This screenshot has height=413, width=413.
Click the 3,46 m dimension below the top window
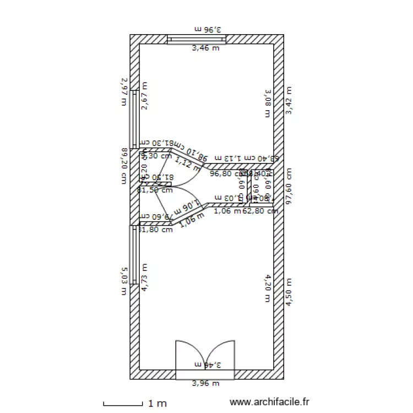coord(205,48)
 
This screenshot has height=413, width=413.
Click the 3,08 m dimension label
coord(268,103)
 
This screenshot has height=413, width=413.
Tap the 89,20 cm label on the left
coord(124,166)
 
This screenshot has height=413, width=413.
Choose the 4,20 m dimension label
coord(268,288)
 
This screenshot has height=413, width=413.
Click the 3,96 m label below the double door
coord(205,384)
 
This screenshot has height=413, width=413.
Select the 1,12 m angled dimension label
coord(187,164)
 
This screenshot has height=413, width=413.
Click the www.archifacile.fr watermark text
coord(270,403)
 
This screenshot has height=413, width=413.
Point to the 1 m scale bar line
coord(123,405)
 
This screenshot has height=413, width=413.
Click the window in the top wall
coord(197,39)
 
